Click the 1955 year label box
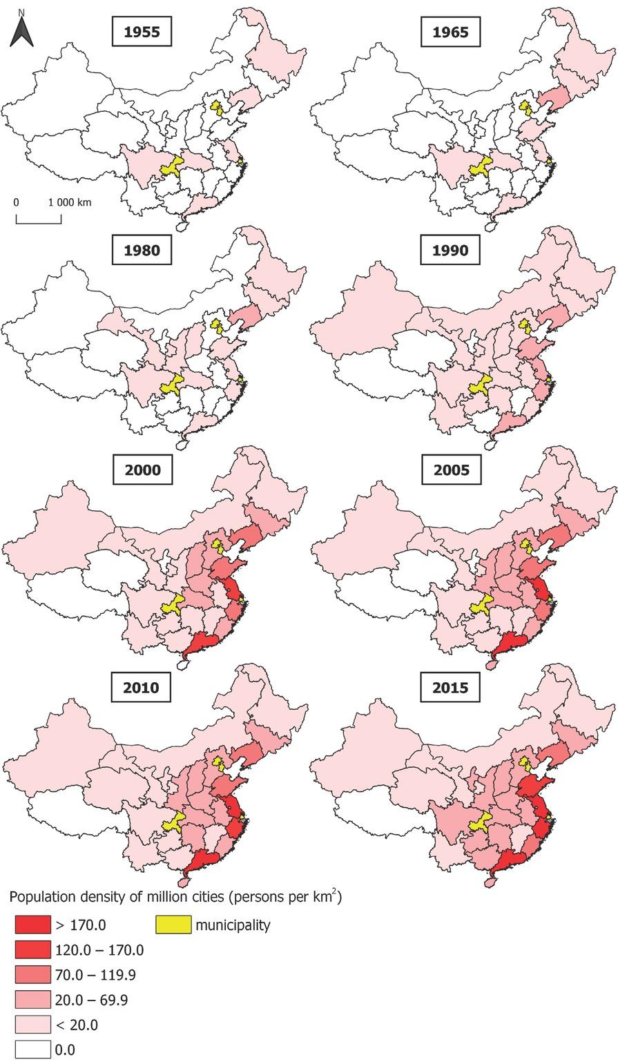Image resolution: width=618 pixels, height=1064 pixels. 142,32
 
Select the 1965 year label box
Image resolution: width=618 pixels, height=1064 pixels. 450,32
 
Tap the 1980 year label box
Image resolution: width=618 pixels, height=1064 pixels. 142,250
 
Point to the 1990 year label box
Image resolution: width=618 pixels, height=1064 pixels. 450,250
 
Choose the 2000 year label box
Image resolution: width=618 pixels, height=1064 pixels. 142,470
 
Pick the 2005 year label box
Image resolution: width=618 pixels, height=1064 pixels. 450,470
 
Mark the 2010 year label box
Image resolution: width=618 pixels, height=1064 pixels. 142,688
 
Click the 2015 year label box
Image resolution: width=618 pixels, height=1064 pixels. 450,688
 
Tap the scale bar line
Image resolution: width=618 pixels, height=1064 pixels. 39,222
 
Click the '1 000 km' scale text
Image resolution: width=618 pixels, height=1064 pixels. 70,202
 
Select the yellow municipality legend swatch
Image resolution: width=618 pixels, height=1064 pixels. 173,925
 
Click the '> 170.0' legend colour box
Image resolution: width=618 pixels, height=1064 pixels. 32,925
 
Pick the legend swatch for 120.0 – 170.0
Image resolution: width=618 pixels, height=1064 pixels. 32,950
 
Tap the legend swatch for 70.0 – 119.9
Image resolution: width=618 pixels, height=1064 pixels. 32,975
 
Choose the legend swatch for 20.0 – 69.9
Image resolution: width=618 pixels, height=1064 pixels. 32,1000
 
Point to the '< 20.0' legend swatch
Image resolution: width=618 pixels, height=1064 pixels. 32,1025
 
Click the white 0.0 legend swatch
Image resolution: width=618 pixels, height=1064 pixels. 32,1050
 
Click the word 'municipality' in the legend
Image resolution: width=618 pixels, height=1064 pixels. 233,925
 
